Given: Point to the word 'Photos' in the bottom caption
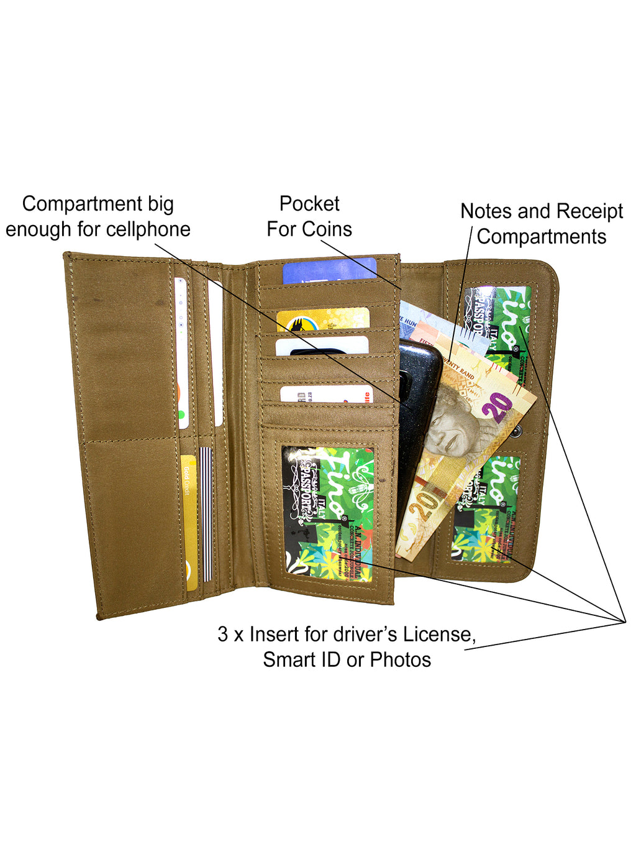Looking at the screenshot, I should pos(401,660).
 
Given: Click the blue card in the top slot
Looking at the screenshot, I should pos(329,271).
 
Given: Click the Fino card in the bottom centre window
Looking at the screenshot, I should pos(328,513).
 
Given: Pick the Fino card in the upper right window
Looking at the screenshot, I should pos(500,323).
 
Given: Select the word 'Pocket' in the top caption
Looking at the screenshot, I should pos(309,204).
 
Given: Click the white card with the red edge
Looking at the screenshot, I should pos(326,394).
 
